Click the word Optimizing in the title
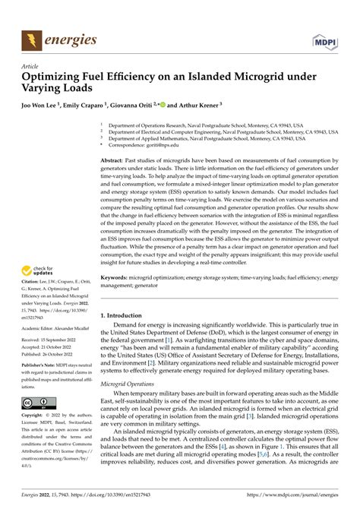click(x=57, y=77)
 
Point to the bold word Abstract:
click(x=115, y=162)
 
